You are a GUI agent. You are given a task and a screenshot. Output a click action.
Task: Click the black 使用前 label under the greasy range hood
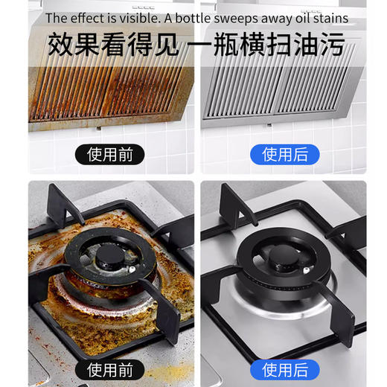point(110,155)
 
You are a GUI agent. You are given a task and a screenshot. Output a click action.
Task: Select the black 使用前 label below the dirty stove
point(110,369)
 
